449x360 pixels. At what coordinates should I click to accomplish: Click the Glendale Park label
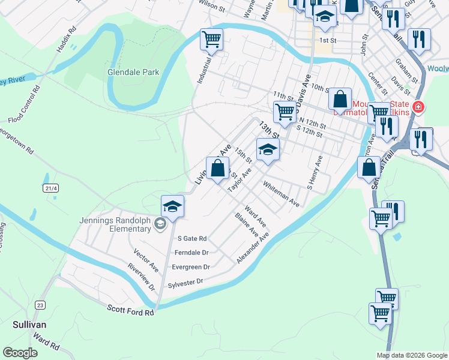pos(133,72)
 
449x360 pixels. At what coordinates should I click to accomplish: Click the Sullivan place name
pos(29,324)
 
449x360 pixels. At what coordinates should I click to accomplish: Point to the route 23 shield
pos(40,305)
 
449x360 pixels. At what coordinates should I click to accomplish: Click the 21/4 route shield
pos(51,188)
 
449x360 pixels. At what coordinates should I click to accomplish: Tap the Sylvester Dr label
pos(186,282)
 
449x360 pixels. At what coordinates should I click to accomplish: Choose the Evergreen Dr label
pos(190,267)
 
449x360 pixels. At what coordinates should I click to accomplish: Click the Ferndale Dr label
pos(191,253)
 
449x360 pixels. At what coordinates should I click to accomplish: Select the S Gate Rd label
pos(191,238)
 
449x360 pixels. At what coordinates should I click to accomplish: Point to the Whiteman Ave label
pos(281,196)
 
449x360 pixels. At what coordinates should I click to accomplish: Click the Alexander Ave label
pos(253,247)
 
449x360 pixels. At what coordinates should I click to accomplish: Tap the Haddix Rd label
pos(66,39)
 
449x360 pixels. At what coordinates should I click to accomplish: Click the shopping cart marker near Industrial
pos(211,40)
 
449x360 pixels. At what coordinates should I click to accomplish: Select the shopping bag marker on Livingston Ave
pos(217,167)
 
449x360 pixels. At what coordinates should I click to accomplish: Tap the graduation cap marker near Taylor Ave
pos(268,149)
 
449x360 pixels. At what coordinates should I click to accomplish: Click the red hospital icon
pos(418,108)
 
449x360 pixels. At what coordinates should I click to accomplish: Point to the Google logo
pos(20,353)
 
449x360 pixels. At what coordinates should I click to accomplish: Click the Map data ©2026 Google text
pos(411,355)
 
